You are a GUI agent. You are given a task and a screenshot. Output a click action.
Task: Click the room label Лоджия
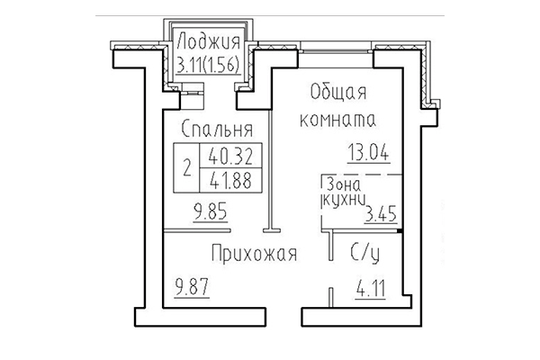click(x=209, y=41)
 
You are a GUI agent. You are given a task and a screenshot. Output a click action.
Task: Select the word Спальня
click(x=214, y=127)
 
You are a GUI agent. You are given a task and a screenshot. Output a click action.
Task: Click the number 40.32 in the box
click(x=229, y=155)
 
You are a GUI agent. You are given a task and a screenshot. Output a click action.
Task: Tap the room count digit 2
click(x=186, y=166)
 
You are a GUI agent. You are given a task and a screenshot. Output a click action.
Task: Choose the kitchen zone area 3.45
click(x=380, y=214)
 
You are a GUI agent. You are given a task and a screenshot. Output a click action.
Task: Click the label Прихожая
click(x=255, y=253)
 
